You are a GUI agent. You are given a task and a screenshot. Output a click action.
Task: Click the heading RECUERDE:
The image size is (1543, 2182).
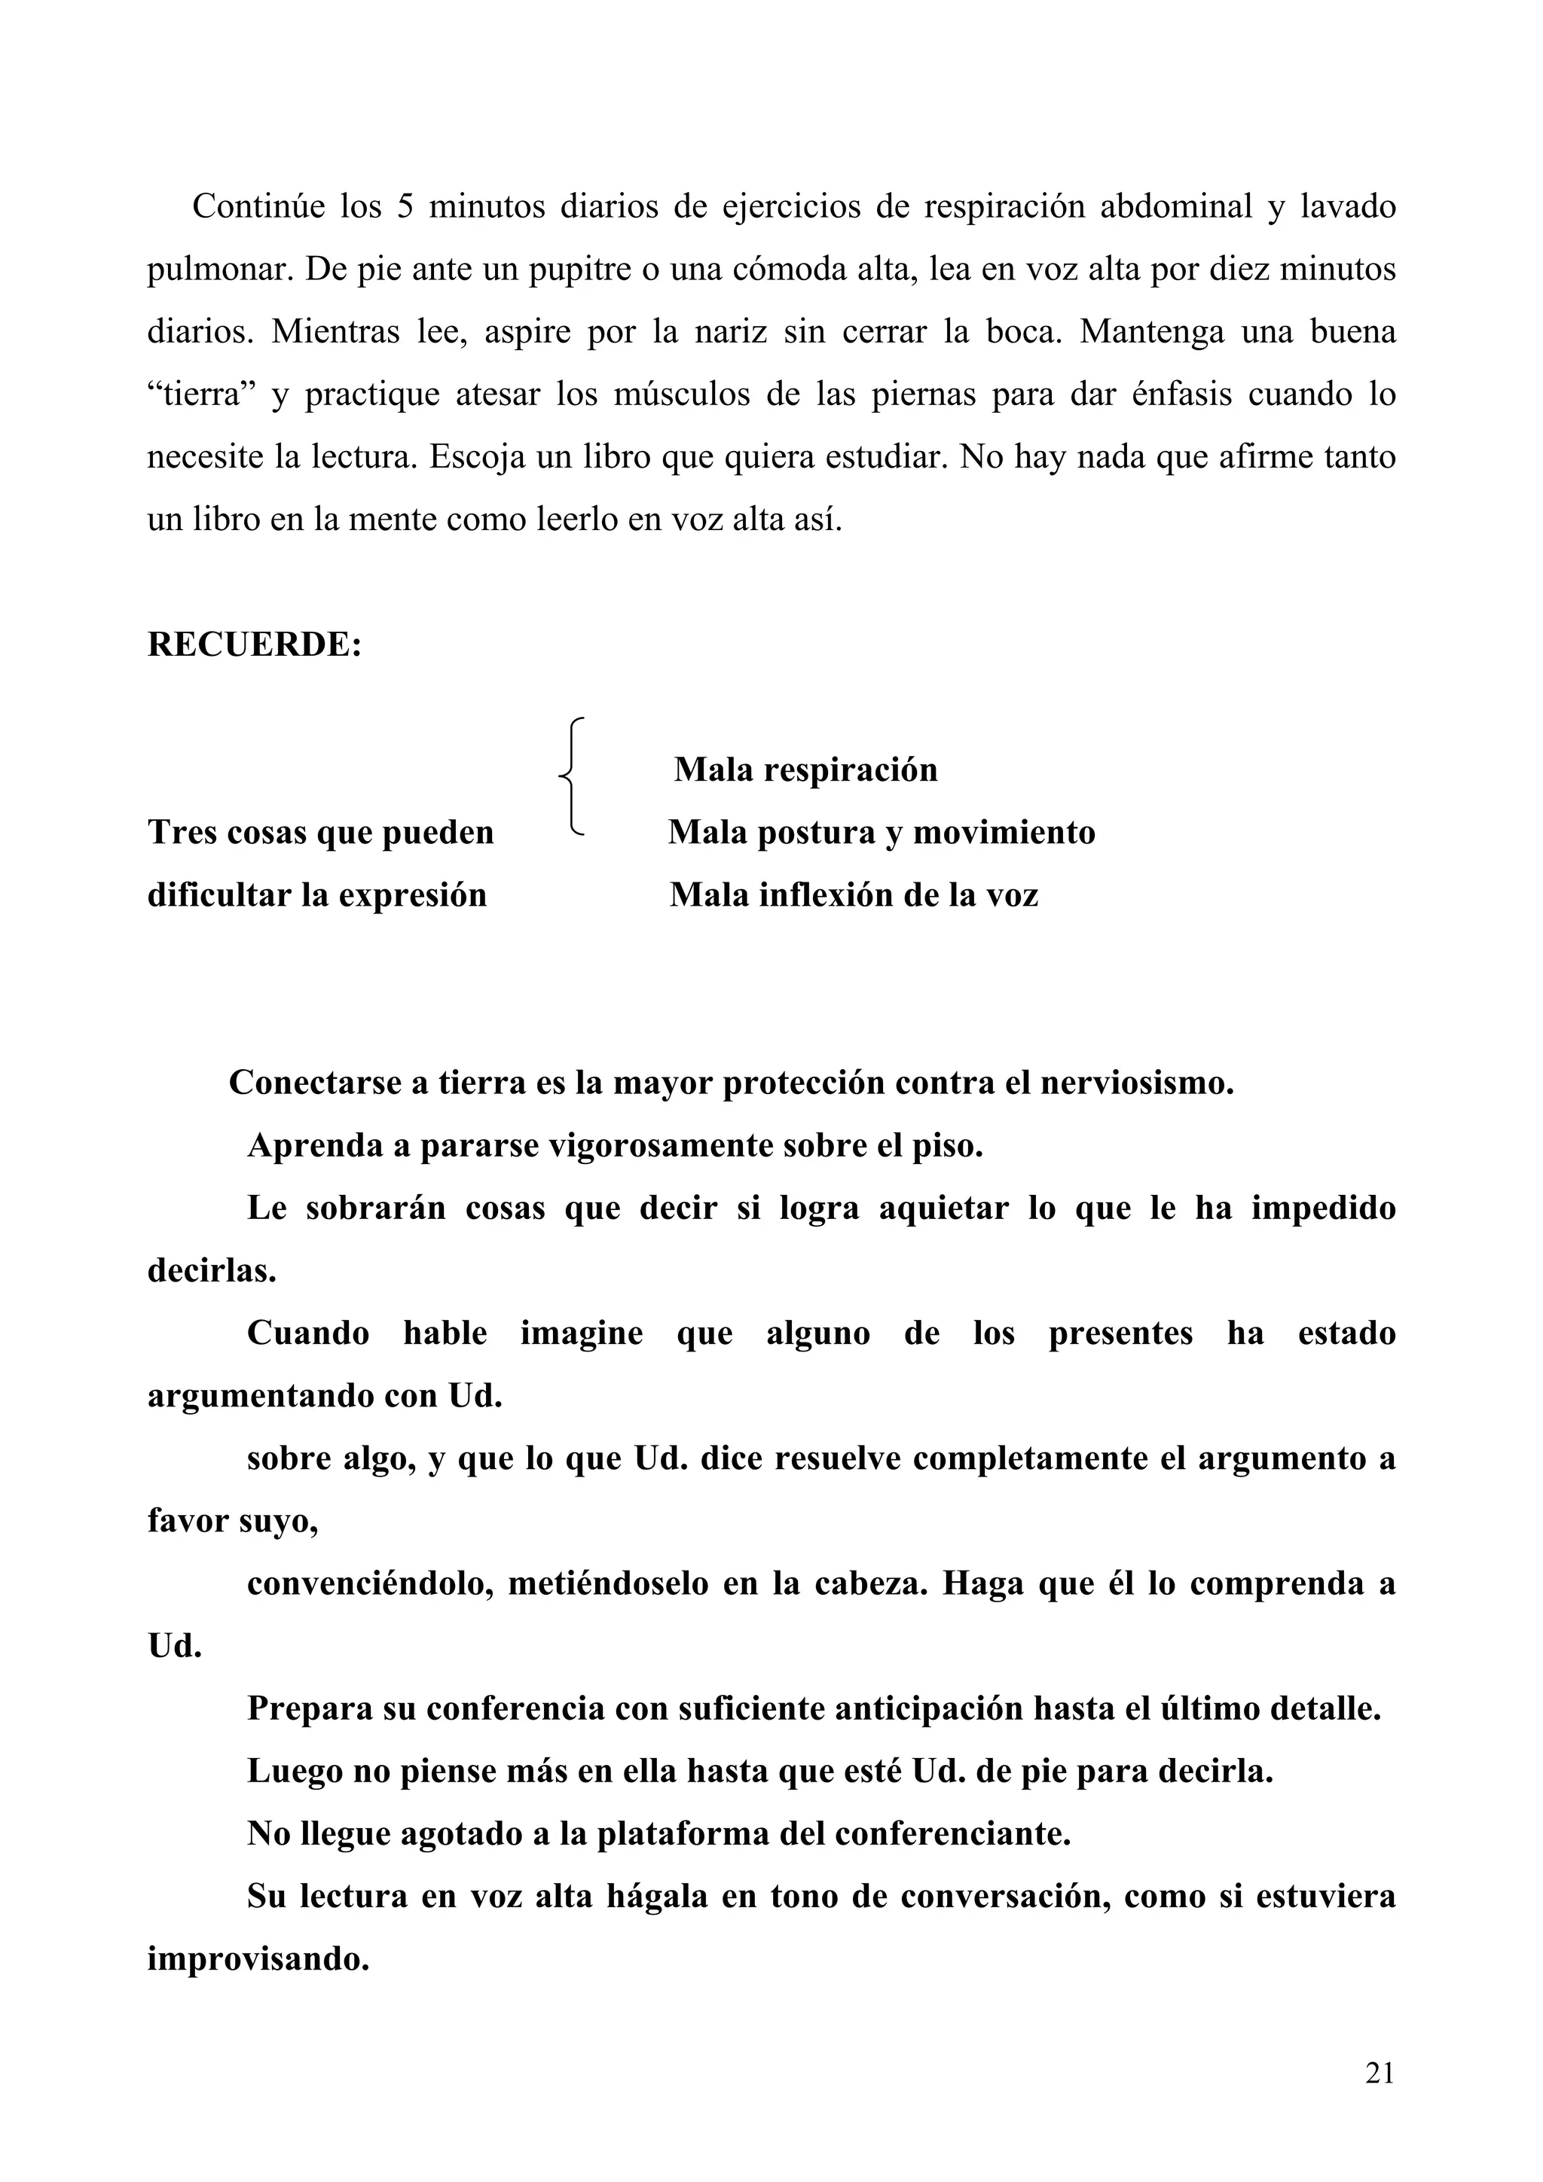coord(254,645)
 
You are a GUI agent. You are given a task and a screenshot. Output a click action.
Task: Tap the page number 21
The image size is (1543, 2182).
coord(1380,2073)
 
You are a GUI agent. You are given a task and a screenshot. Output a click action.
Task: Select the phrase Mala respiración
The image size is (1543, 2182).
coord(805,769)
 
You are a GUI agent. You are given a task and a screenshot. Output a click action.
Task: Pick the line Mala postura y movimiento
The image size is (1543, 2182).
coord(881,833)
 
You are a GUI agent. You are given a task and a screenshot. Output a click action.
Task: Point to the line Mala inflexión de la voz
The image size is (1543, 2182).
coord(854,895)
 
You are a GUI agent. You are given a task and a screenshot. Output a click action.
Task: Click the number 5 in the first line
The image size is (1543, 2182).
coord(405,206)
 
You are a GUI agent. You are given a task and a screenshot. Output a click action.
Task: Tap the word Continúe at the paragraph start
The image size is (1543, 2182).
coord(258,206)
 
